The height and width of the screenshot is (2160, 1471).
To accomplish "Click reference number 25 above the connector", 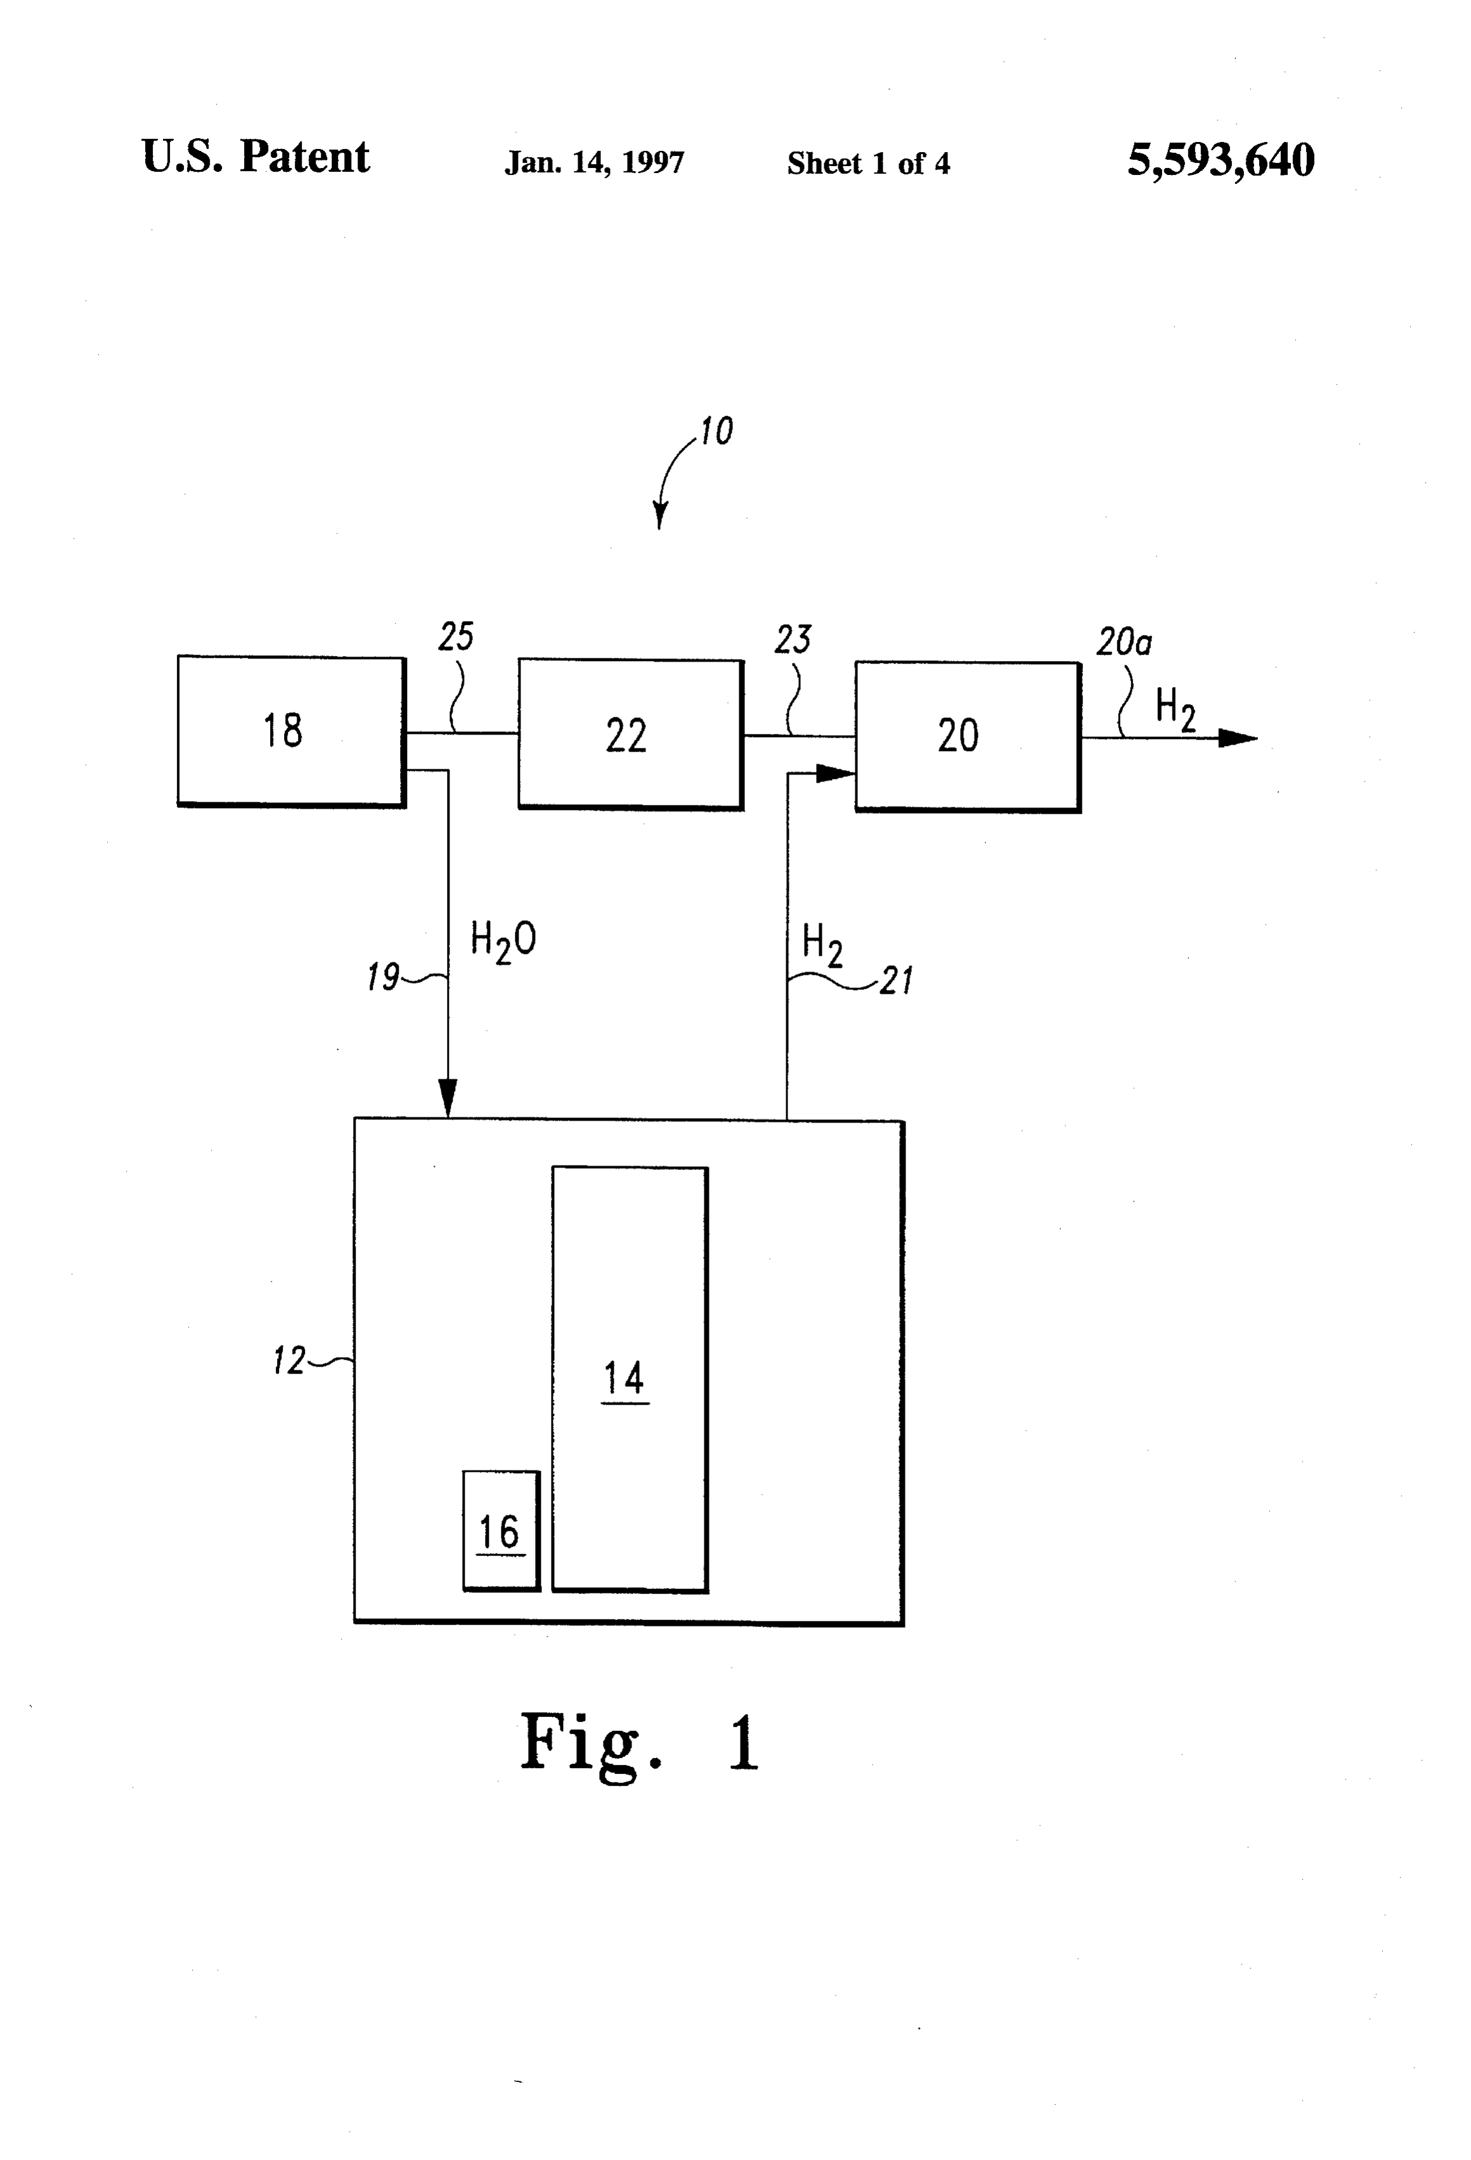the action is click(x=456, y=637).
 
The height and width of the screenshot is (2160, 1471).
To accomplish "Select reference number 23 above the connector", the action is click(x=792, y=640).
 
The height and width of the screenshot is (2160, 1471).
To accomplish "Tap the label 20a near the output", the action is click(x=1124, y=642).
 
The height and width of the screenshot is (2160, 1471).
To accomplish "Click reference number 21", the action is click(x=897, y=980).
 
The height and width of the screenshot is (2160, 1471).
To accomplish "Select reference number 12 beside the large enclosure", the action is click(x=289, y=1361).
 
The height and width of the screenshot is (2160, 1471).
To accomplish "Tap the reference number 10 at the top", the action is click(x=716, y=431).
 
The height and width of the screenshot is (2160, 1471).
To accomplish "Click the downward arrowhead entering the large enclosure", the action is click(x=448, y=1098).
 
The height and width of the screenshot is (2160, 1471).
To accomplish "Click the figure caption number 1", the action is click(x=744, y=1744).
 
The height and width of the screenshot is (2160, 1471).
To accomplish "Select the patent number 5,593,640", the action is click(x=1221, y=160).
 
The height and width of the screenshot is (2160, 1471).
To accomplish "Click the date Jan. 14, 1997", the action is click(x=594, y=164).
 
